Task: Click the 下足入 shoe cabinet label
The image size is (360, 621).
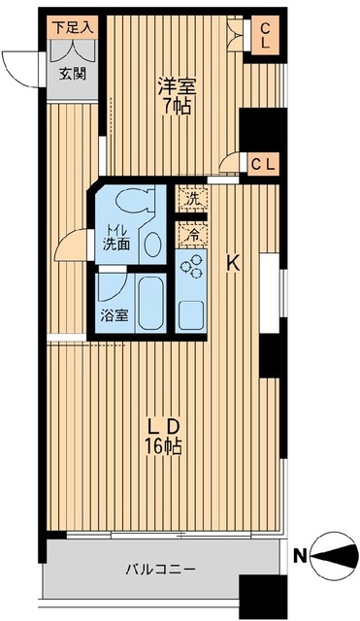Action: click(x=73, y=26)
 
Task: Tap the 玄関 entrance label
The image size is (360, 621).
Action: click(x=73, y=72)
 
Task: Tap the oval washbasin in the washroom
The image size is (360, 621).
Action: click(x=153, y=245)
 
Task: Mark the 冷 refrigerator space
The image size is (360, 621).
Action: click(x=191, y=233)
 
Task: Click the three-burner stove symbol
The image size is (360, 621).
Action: click(x=192, y=265)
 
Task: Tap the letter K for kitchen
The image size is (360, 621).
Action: click(x=233, y=262)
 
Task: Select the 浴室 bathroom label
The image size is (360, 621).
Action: click(x=115, y=316)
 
